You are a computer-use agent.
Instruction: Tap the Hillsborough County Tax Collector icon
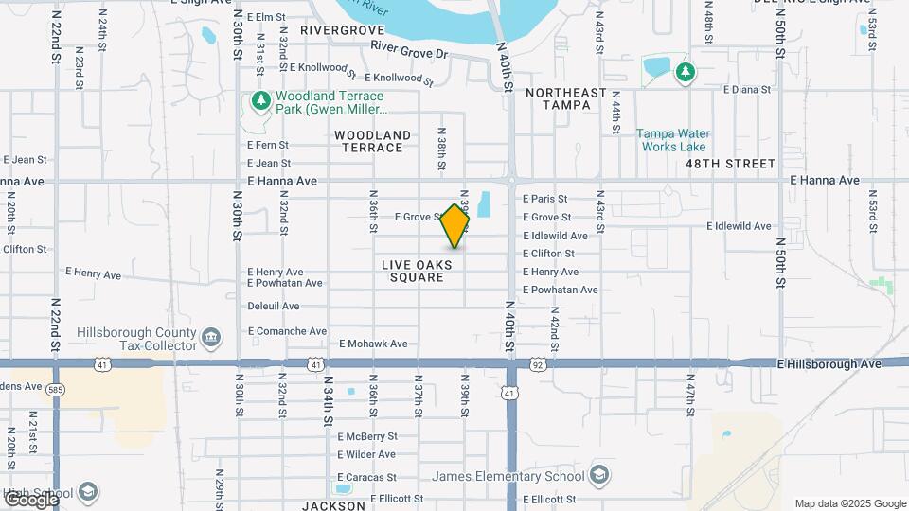211,336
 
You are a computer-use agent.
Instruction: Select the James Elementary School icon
598,473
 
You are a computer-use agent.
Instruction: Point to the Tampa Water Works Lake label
672,140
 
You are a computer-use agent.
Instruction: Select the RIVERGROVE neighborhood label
342,30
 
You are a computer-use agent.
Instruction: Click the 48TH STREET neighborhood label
730,164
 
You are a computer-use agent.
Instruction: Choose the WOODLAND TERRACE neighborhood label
372,141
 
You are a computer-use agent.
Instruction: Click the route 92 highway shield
537,363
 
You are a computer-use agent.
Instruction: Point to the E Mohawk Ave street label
373,344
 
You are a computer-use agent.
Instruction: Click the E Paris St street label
544,199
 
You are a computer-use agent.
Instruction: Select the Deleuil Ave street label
273,307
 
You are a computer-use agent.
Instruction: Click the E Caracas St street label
366,478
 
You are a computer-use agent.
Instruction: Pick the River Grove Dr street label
408,49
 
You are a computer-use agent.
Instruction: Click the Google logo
31,499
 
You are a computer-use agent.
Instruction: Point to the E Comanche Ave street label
287,331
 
